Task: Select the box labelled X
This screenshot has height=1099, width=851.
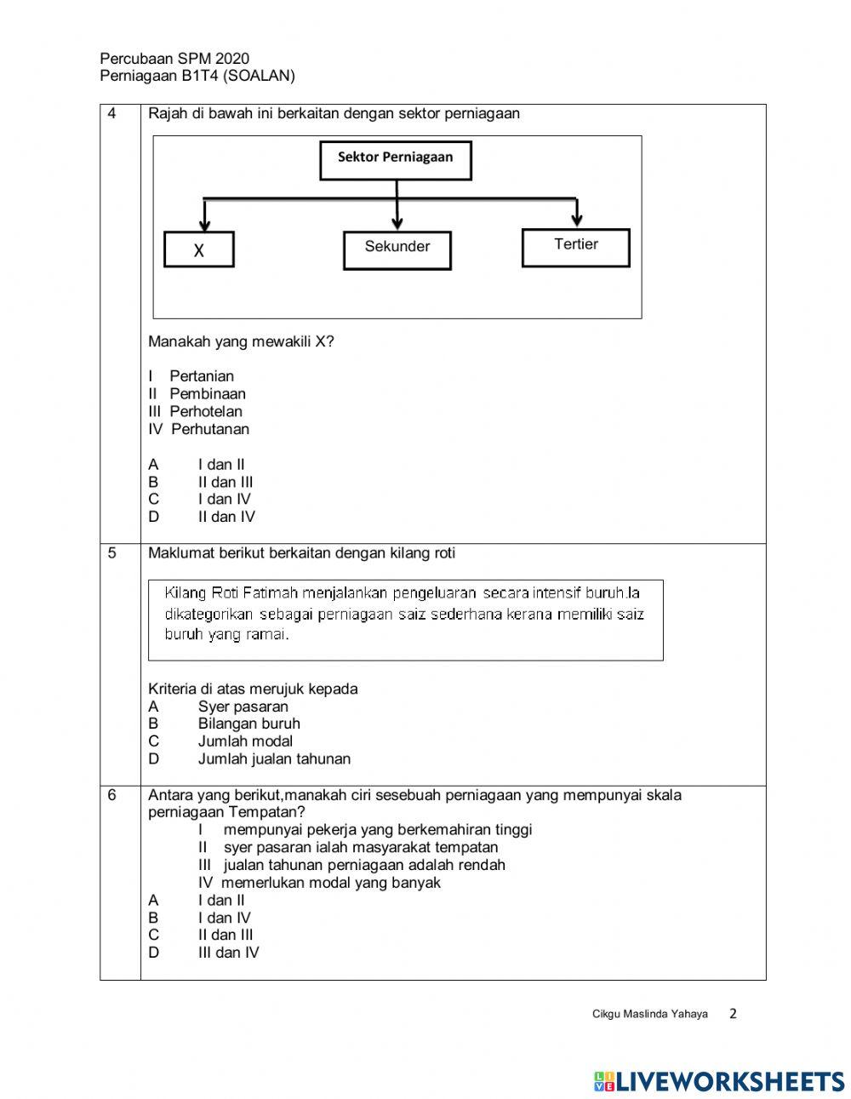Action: [198, 250]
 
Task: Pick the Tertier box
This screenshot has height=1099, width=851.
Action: [575, 247]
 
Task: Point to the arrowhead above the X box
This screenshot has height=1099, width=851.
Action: [204, 224]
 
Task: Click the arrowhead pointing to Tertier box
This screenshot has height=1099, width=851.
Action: [577, 220]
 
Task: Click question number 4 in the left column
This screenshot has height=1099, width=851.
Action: [112, 113]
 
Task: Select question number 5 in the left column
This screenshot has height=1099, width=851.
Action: [112, 553]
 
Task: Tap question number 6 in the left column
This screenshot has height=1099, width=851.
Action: [112, 795]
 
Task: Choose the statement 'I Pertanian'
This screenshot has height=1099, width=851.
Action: [191, 376]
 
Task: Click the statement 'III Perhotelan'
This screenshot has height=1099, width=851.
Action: [196, 411]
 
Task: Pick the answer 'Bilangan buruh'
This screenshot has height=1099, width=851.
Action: [248, 724]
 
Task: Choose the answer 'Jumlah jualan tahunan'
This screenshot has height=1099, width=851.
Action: [274, 758]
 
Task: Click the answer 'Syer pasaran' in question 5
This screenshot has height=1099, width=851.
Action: [243, 707]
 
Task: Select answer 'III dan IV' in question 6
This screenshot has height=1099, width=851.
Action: [228, 953]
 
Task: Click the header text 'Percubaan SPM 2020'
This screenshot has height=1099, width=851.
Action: [174, 59]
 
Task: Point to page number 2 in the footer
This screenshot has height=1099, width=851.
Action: [734, 1013]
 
